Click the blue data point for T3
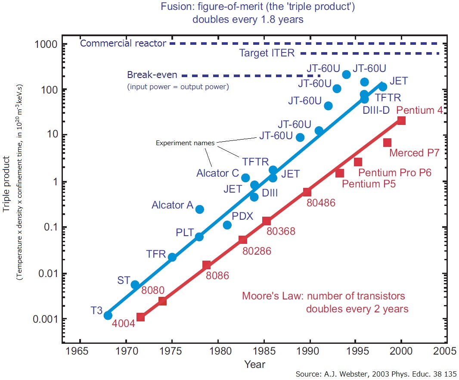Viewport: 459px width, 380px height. (108, 315)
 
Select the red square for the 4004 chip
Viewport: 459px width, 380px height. (140, 317)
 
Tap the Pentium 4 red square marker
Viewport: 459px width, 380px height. (401, 121)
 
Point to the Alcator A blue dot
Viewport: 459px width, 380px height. (199, 209)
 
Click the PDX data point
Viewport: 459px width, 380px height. (227, 225)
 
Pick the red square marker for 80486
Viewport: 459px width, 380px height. (307, 192)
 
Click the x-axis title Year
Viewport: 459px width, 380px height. (255, 364)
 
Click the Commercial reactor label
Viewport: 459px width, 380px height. (123, 44)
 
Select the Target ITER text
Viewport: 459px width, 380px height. (267, 53)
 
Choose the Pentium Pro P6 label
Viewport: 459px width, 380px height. (395, 173)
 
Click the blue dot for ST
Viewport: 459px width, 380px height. (135, 284)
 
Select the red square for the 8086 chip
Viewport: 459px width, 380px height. (207, 265)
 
